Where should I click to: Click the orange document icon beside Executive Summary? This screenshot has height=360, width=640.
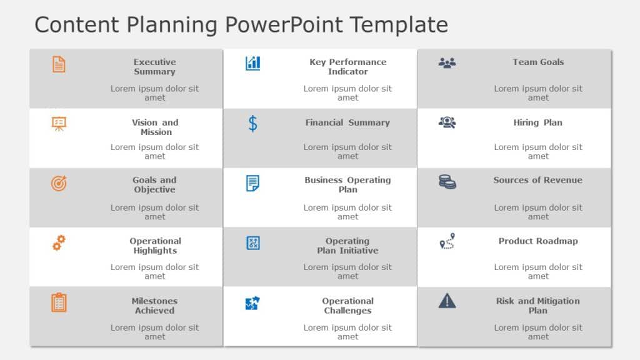(59, 64)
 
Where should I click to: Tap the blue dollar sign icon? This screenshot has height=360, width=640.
(252, 123)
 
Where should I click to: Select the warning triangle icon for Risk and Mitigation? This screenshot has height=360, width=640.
(447, 301)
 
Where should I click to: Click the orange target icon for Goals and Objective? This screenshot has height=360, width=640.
(59, 183)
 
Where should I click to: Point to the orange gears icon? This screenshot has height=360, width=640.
(59, 242)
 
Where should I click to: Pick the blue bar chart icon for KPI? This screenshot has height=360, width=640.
(252, 63)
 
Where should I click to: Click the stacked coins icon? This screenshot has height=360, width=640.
(447, 182)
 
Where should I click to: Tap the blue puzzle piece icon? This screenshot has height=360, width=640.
(252, 304)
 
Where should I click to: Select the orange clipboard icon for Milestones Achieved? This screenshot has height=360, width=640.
(59, 302)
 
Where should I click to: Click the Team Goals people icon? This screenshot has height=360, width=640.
(447, 62)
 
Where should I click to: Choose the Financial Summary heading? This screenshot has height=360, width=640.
(347, 122)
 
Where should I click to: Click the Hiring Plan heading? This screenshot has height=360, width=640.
(537, 122)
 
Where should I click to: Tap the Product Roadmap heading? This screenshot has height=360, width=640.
(537, 241)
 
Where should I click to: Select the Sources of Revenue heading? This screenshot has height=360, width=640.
(537, 180)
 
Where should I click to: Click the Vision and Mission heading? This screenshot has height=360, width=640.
(155, 127)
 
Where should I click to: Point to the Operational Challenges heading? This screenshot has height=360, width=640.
(347, 306)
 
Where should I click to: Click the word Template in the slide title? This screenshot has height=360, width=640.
(398, 25)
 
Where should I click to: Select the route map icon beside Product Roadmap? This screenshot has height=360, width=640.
(447, 241)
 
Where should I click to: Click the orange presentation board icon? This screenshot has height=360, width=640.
(59, 123)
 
